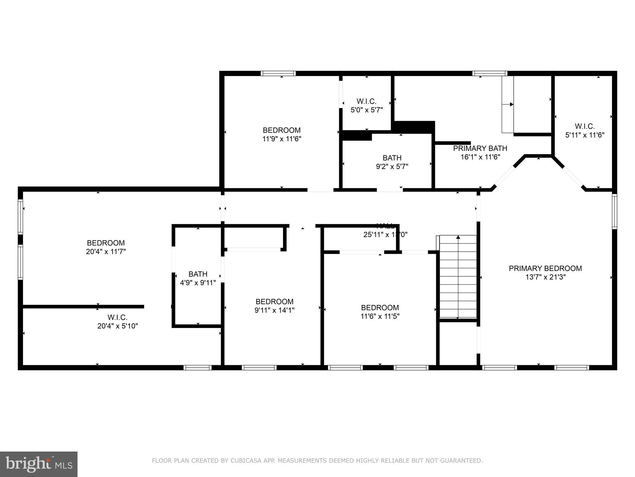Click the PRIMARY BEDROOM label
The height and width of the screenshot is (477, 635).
coord(545,268)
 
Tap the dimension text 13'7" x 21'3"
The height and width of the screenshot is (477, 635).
coord(545,277)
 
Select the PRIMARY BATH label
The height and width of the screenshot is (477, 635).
coord(480,148)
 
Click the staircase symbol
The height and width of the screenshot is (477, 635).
coord(458,276)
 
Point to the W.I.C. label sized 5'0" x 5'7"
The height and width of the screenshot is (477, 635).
coord(366,102)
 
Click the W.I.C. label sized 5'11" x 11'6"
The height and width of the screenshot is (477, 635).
coord(585,126)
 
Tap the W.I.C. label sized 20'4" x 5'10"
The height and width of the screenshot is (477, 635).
coord(118,317)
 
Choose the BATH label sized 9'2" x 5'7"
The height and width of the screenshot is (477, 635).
coord(392,158)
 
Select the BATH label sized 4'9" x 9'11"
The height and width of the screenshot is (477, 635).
coord(198,274)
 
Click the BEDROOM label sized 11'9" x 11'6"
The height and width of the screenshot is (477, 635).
coord(282,130)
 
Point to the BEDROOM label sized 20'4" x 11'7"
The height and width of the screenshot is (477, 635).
coord(106,243)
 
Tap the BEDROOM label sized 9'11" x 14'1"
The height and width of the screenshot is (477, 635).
coord(274,302)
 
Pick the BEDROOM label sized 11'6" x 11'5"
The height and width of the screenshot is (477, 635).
coord(380,307)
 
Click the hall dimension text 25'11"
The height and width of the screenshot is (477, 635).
coord(374,235)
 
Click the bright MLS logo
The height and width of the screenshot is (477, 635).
coord(39,464)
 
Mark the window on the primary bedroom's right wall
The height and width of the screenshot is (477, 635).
coord(614,211)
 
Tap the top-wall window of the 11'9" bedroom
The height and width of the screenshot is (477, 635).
coord(278,74)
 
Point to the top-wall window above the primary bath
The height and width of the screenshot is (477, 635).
coord(490,74)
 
